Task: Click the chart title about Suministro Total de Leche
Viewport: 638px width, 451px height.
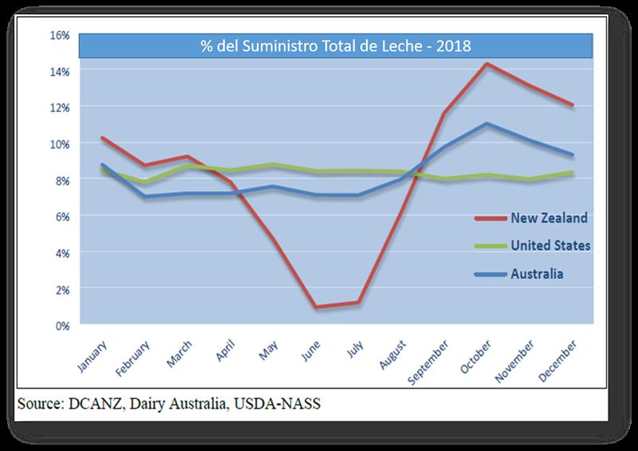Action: coord(336,45)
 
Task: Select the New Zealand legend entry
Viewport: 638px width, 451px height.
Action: coord(539,217)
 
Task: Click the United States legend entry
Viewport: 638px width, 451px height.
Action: coord(539,245)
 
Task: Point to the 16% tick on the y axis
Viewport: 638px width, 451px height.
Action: coord(59,35)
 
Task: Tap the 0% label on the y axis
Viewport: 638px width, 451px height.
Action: coord(62,325)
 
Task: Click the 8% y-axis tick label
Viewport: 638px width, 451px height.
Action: coord(62,180)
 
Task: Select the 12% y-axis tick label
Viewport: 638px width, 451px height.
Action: coord(59,107)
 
